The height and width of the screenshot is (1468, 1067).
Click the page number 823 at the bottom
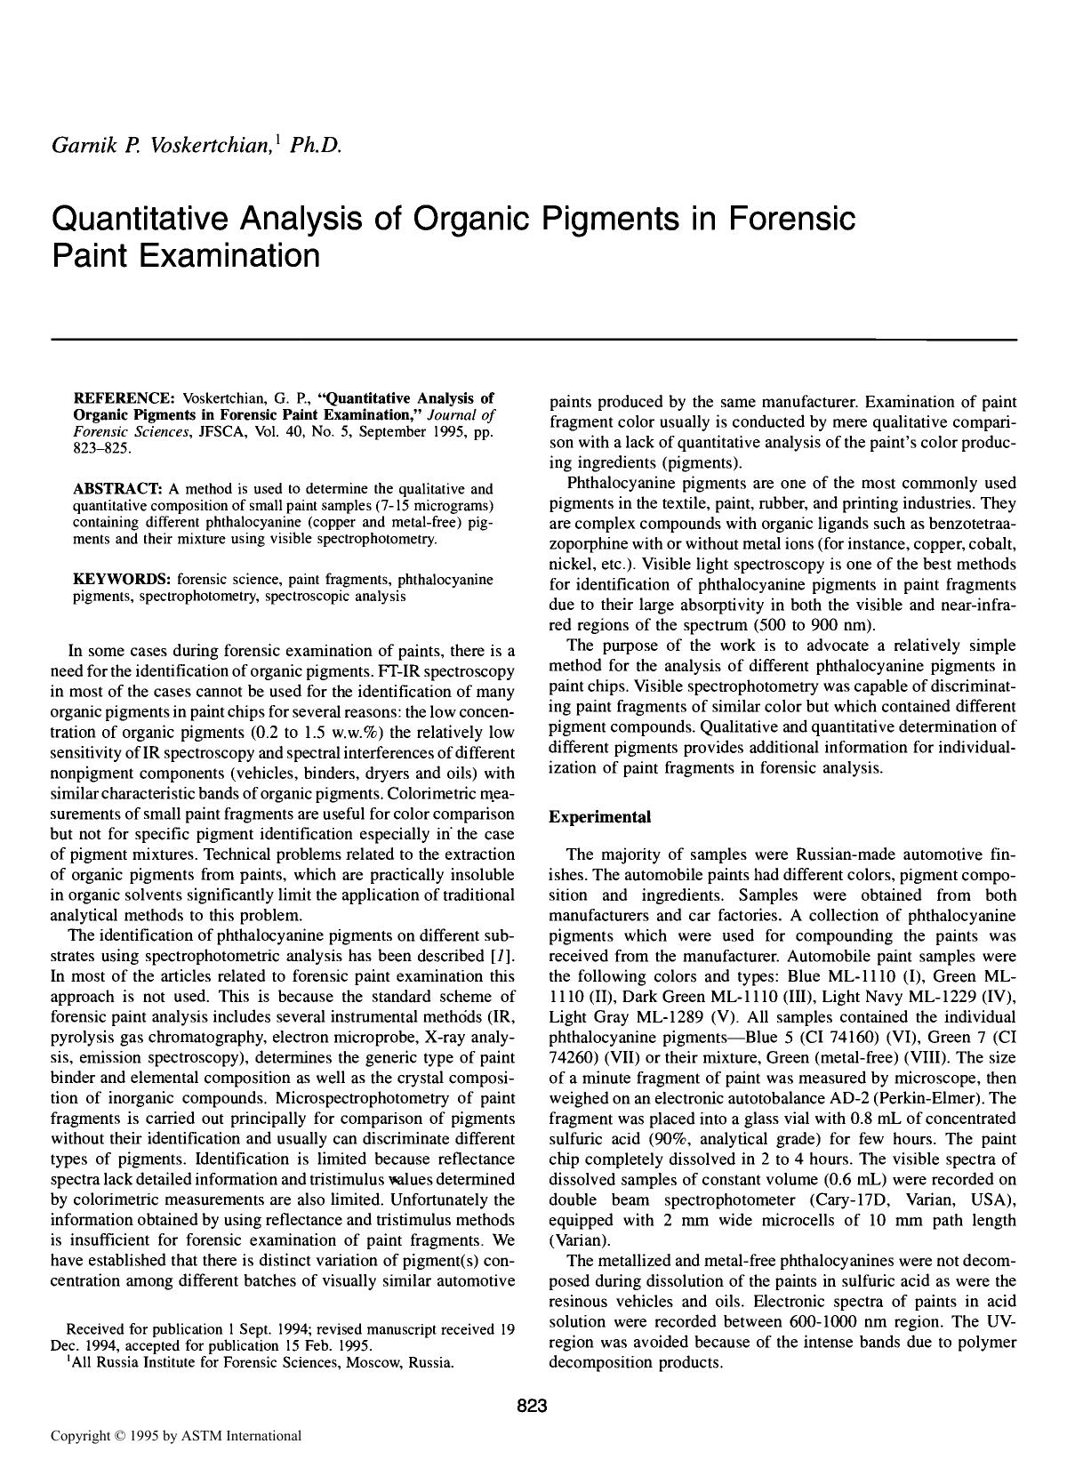point(532,1406)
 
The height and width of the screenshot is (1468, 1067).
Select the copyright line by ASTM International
point(175,1435)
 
